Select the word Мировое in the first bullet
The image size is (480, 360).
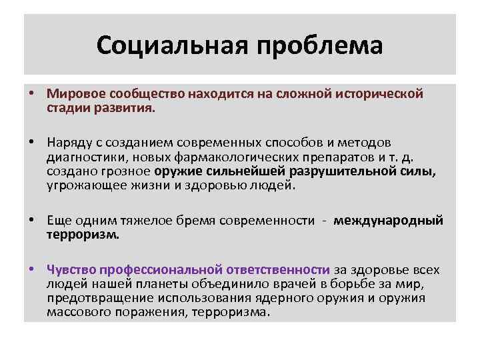click(x=74, y=93)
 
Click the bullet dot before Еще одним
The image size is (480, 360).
click(x=32, y=221)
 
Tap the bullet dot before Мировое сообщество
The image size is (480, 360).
click(x=32, y=93)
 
